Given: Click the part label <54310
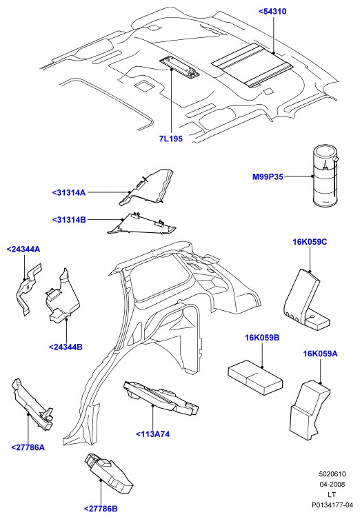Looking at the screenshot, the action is coord(272,12).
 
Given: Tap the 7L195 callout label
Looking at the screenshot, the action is coord(170,139).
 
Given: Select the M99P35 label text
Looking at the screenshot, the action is coord(268,176).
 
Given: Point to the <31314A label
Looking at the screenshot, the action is coord(68,192).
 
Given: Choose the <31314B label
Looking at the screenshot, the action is coord(69,220).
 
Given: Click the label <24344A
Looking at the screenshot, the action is coord(23,250).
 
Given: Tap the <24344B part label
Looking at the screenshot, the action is coord(66,347).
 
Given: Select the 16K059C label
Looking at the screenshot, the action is coord(310,242).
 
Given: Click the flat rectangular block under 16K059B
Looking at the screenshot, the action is coord(256,373).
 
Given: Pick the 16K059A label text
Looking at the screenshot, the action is coord(320,354).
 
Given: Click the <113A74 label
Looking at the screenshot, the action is coord(152,434).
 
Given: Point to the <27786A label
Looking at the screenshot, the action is coord(28,447).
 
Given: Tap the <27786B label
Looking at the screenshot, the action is coord(101,509).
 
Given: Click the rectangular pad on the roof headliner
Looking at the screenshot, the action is coord(252,65).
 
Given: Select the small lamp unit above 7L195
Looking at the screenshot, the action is coord(179,67).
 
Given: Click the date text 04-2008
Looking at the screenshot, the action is coord(332,485).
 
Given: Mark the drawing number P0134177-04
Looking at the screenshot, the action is coord(332,505).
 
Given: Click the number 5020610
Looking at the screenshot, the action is coord(332,474).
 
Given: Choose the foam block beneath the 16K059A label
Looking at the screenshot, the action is coord(310,410).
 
